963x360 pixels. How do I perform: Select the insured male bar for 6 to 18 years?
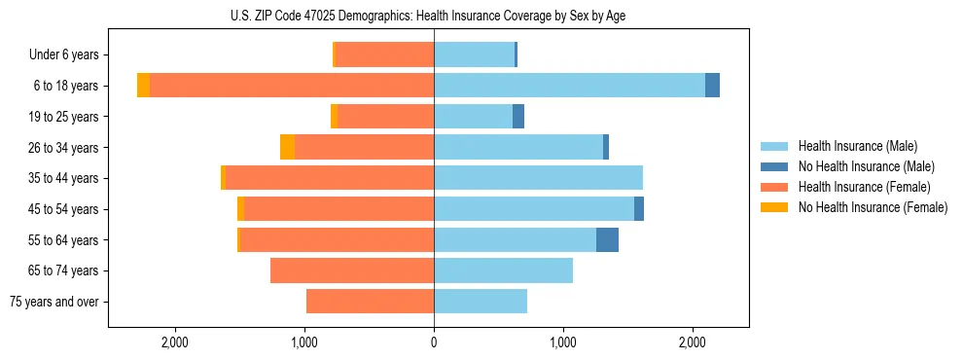coord(569,86)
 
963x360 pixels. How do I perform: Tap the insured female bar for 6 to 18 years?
coord(292,86)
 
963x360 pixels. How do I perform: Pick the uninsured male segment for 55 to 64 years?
coord(607,239)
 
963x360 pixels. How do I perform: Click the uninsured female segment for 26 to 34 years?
coord(287,147)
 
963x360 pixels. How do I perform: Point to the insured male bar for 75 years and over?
coord(481,302)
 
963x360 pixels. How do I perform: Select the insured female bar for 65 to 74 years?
coord(352,270)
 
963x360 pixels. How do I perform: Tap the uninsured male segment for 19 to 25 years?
coord(518,117)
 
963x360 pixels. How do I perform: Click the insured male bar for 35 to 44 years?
coord(538,178)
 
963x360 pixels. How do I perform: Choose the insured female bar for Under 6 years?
coord(385,54)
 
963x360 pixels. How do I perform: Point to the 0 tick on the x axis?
coord(434,342)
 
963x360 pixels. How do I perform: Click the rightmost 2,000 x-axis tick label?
coord(692,342)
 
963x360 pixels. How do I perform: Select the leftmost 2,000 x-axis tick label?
coord(175,342)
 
